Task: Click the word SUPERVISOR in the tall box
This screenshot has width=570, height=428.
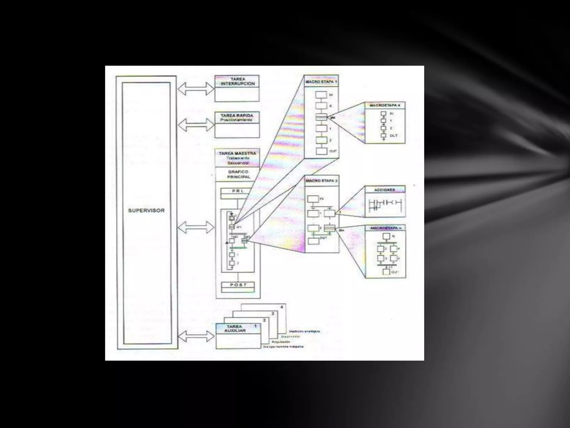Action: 146,210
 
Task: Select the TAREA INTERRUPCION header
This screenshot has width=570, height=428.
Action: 237,81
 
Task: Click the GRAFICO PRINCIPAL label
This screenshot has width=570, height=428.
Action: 239,174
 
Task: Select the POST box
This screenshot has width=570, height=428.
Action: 238,285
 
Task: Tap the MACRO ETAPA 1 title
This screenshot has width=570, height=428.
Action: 321,82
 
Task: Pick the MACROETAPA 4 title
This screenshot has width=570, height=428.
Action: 385,106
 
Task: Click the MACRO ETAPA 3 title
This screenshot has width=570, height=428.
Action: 322,181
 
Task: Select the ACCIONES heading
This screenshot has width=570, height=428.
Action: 385,190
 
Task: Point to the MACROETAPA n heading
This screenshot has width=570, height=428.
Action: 385,228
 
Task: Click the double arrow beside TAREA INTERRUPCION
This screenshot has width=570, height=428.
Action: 196,89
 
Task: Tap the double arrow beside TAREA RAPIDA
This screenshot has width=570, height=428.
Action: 196,125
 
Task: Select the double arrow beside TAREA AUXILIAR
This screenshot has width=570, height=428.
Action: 196,336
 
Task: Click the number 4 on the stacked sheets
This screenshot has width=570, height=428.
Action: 282,307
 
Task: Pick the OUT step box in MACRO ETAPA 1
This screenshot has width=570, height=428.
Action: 321,151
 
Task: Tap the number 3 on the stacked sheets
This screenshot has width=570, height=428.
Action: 273,313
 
